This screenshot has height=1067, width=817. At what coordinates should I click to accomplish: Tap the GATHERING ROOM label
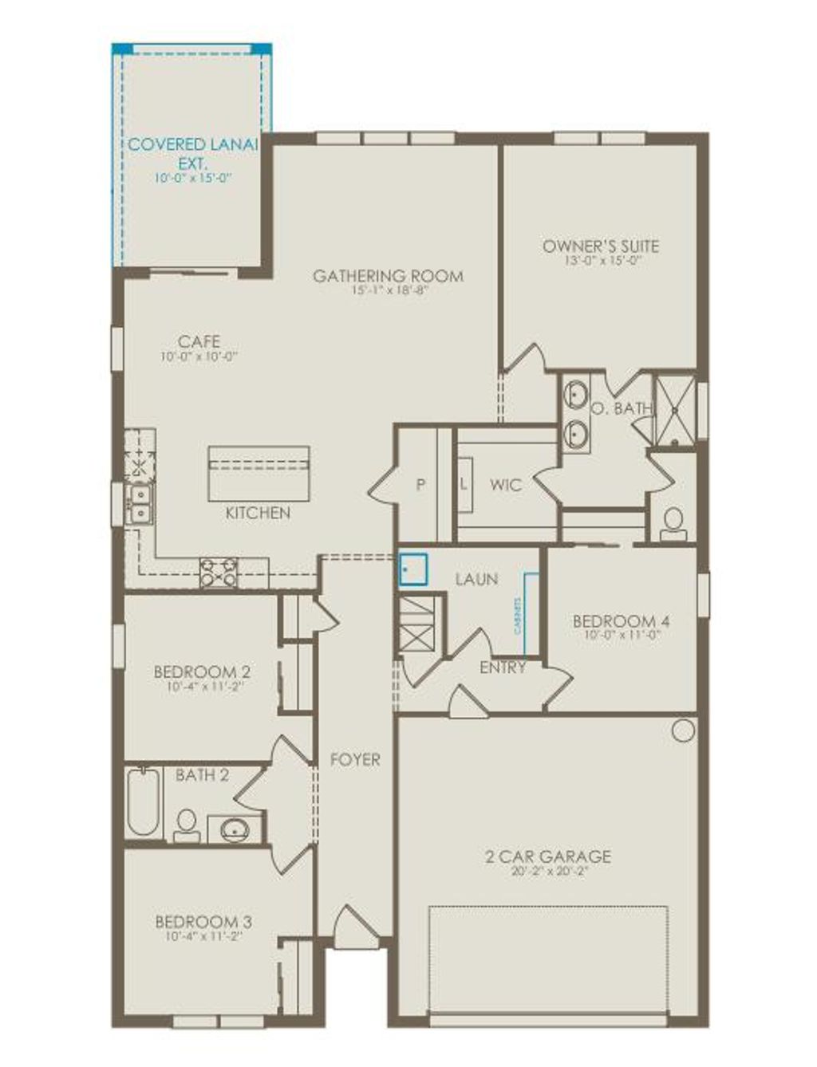(388, 277)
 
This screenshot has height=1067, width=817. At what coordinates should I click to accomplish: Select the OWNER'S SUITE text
(601, 246)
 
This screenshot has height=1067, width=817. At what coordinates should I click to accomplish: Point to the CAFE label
(199, 342)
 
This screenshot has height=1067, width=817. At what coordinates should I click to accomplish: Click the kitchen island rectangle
(259, 473)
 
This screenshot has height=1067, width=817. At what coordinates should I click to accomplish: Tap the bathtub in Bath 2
(143, 802)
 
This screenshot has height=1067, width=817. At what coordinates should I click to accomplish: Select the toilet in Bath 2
(187, 825)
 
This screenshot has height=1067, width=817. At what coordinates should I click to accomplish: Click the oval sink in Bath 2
(235, 830)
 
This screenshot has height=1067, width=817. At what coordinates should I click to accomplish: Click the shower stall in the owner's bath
(675, 408)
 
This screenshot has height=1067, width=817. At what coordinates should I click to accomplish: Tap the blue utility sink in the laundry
(413, 570)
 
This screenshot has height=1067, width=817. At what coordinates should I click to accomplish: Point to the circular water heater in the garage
(683, 730)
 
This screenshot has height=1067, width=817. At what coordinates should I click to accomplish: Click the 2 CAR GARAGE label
(548, 857)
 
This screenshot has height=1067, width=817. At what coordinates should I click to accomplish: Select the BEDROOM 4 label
(622, 621)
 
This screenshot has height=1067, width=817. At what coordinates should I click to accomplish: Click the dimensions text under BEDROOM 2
(204, 686)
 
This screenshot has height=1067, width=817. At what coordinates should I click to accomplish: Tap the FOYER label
(355, 760)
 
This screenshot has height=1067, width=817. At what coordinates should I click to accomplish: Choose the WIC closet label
(506, 485)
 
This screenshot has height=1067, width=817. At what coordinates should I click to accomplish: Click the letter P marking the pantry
(420, 485)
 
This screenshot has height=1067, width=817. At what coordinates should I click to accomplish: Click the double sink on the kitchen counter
(140, 504)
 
